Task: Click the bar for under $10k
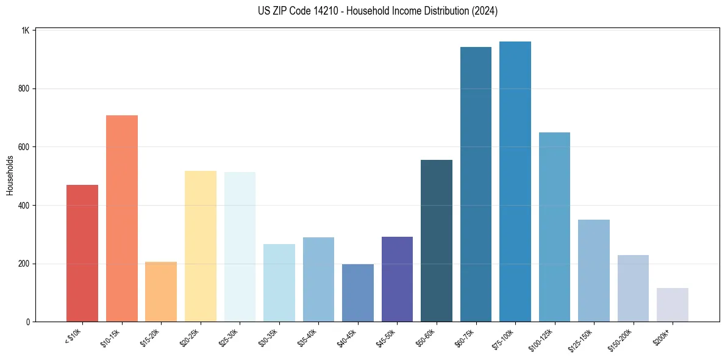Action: click(82, 253)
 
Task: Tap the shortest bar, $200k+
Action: click(673, 304)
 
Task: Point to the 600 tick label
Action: click(23, 147)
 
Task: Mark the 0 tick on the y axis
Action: click(27, 322)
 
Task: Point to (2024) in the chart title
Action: click(482, 11)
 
